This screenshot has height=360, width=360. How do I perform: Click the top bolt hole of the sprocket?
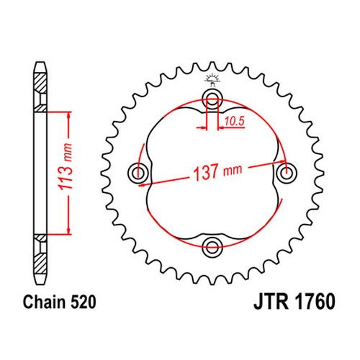coord(212,99)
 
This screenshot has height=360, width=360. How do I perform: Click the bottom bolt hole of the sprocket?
coord(212,246)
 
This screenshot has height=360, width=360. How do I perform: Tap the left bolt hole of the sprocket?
coord(138,173)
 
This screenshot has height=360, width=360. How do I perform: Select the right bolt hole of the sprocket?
coord(286,173)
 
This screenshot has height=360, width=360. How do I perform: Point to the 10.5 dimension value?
coord(235,121)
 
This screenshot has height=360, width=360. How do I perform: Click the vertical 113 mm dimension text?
coord(66,167)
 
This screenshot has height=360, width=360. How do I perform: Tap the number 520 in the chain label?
coord(83,302)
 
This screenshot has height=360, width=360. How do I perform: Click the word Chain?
coord(45,302)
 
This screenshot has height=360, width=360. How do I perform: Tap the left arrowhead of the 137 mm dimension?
coord(142,185)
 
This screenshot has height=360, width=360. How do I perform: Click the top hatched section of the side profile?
coord(40,84)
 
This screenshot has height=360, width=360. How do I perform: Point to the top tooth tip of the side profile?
coord(40,63)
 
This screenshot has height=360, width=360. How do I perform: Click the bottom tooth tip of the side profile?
coord(40,284)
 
